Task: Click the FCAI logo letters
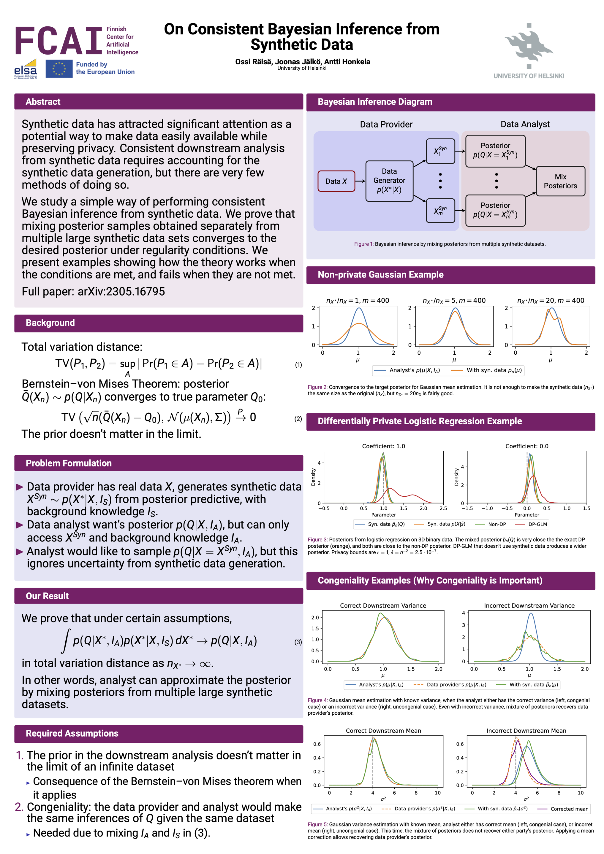point(58,41)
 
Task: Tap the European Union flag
point(59,68)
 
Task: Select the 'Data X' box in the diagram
point(336,181)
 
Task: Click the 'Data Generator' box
point(389,181)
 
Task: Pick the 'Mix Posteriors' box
point(560,181)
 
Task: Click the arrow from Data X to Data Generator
point(360,181)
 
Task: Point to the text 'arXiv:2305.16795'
point(121,291)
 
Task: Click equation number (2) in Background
point(298,419)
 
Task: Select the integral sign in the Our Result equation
point(66,641)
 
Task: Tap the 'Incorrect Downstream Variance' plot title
point(529,606)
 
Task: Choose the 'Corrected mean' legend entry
point(569,809)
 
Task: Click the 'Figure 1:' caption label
point(363,244)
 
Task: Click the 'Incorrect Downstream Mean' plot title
point(526,731)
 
